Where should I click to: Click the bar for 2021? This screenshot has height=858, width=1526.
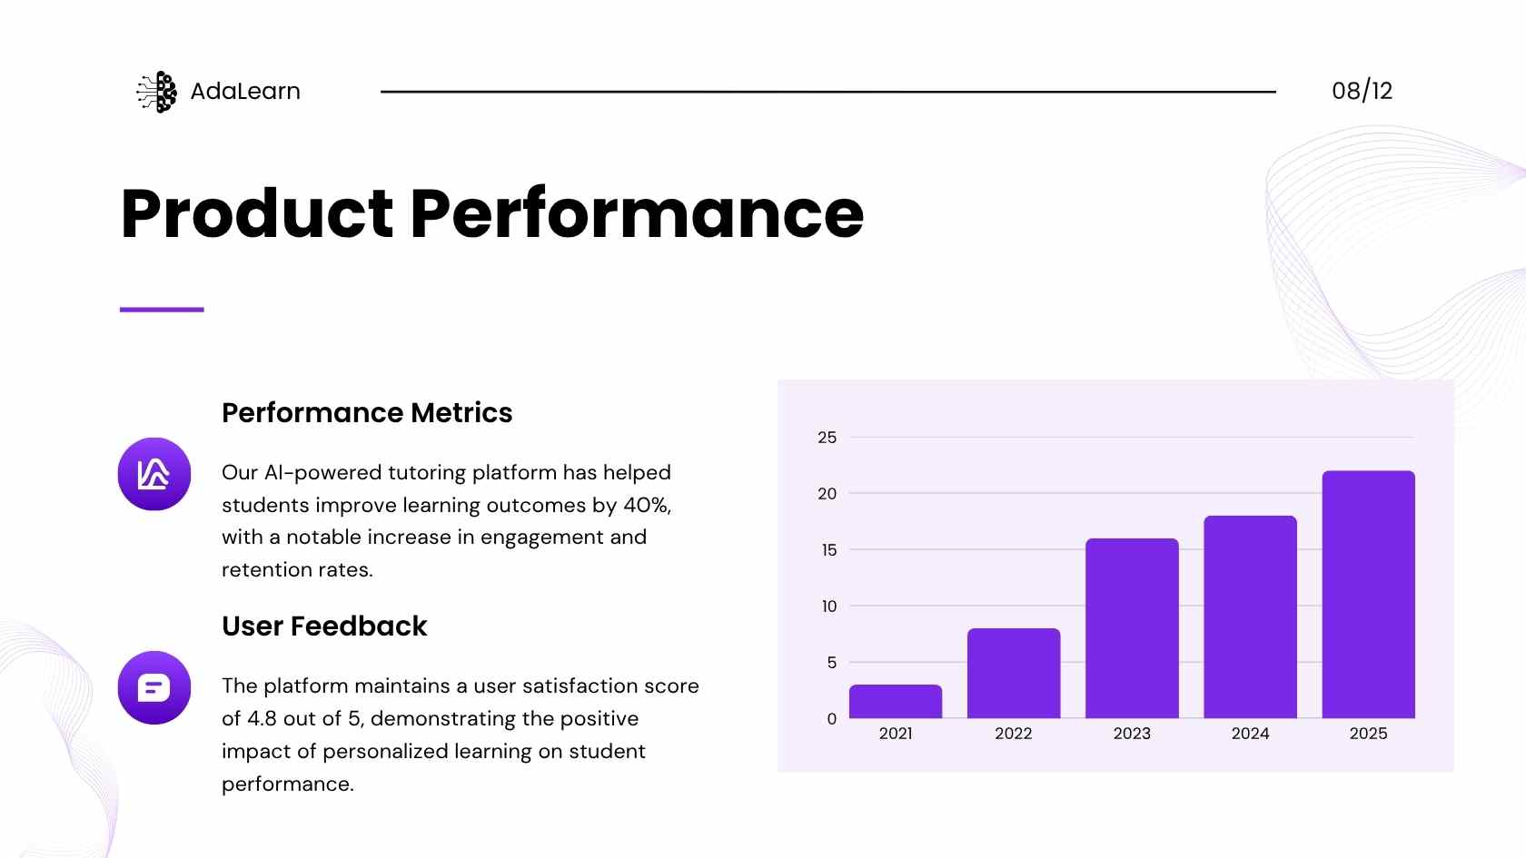(x=896, y=701)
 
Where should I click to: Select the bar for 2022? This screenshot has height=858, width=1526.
(x=1014, y=674)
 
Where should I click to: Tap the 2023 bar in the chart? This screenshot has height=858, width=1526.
(x=1132, y=628)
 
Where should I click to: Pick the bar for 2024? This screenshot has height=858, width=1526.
(x=1250, y=617)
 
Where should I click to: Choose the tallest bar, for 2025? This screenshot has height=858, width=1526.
(x=1369, y=595)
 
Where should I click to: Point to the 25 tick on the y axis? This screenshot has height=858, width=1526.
(x=827, y=438)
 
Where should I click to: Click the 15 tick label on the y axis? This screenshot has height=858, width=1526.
(x=829, y=549)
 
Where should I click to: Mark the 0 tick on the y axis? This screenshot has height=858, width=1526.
(x=832, y=718)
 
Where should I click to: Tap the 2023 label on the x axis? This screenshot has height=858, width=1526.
(x=1132, y=734)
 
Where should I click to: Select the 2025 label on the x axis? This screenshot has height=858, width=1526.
(x=1369, y=734)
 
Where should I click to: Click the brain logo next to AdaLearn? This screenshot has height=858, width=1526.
(x=157, y=92)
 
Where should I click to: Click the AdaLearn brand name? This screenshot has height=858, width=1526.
(x=245, y=91)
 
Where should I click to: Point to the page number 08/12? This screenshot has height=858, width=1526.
(x=1362, y=91)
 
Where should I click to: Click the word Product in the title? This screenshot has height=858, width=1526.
(x=257, y=214)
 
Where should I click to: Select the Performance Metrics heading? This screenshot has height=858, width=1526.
(x=367, y=412)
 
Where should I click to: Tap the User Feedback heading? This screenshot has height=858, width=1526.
(x=324, y=626)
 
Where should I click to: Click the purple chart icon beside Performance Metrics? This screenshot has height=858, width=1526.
(x=154, y=474)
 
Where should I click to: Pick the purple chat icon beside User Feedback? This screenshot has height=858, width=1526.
(x=154, y=688)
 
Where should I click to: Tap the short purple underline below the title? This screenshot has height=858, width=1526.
(x=162, y=310)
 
